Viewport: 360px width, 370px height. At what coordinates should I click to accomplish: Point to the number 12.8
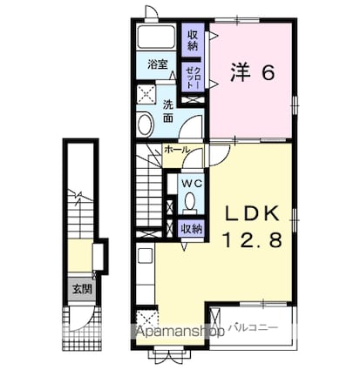click(252, 241)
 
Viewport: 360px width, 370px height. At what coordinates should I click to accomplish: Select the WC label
click(191, 184)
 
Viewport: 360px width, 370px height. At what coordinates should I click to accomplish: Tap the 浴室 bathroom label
click(157, 64)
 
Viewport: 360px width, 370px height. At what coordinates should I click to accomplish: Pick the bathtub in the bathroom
click(157, 39)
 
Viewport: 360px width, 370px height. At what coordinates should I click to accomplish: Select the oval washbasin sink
click(144, 124)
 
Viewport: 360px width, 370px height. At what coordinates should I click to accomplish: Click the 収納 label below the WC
click(192, 228)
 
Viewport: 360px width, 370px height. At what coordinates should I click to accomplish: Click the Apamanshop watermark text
click(180, 332)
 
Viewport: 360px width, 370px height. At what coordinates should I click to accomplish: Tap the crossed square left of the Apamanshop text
click(144, 319)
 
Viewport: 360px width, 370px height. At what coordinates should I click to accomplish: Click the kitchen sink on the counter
click(145, 258)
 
